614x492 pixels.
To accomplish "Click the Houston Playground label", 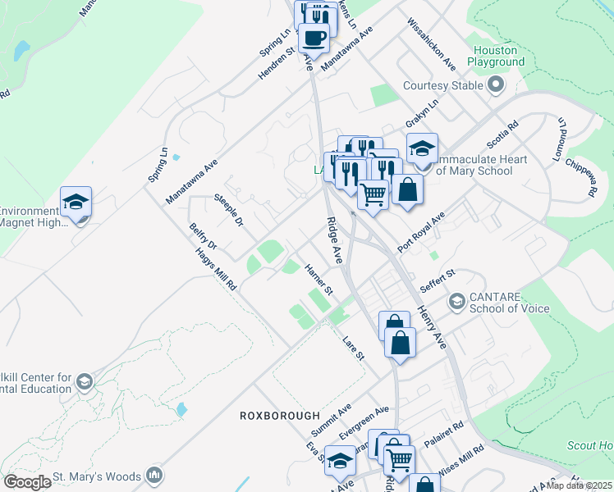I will (x=496, y=56).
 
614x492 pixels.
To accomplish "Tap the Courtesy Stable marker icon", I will (x=496, y=85).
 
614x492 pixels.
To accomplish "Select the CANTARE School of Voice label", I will (x=510, y=303).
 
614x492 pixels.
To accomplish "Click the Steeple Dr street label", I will (x=229, y=210).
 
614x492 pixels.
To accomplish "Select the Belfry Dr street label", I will (x=203, y=235).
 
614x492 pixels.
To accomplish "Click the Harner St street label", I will (x=318, y=279).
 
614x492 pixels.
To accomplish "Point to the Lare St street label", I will (x=354, y=343).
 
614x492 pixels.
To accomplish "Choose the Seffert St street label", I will (x=437, y=281).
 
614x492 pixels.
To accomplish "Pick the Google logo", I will (x=27, y=481).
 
